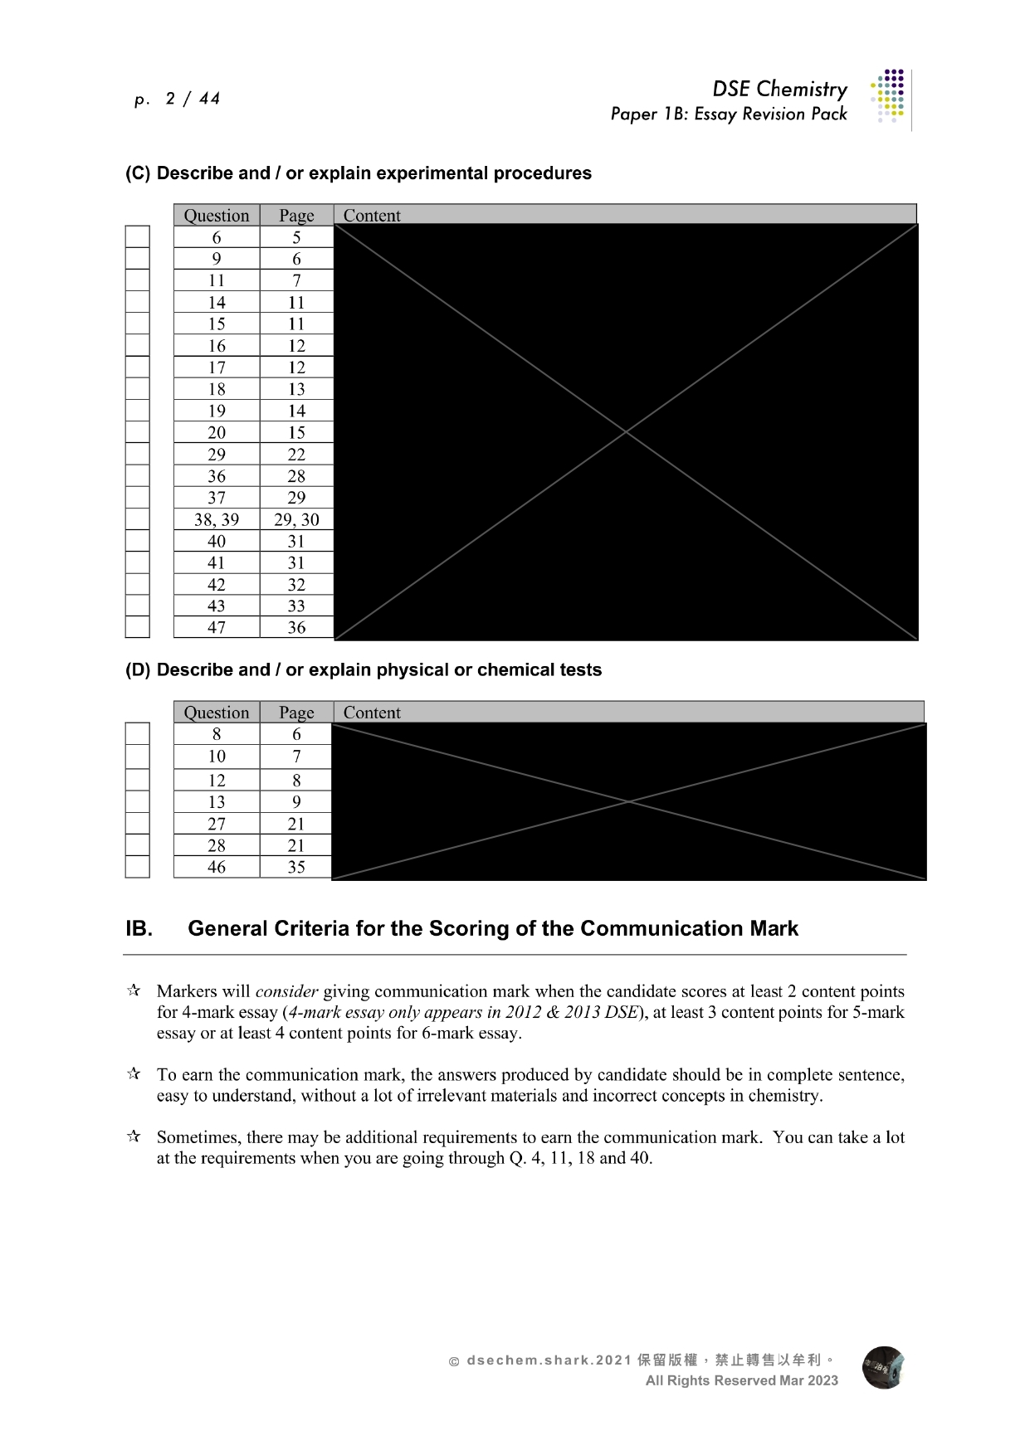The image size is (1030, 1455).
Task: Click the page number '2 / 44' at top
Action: pos(193,99)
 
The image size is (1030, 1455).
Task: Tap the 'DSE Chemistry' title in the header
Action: pos(779,89)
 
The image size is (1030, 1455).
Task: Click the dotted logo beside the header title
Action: pos(888,95)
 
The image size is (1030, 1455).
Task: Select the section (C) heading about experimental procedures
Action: pos(359,173)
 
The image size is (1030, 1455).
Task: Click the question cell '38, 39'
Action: pos(217,519)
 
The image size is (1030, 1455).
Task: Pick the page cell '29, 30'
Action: pos(296,519)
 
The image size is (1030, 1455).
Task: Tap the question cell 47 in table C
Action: pos(217,627)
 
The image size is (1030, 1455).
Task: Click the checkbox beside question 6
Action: pos(137,236)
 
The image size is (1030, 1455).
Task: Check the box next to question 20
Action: pos(137,432)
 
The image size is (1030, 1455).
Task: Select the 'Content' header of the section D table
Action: pos(372,712)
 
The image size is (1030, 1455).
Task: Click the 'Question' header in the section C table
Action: pos(217,216)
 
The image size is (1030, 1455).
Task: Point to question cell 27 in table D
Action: pos(217,824)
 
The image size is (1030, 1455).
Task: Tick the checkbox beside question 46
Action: pos(137,867)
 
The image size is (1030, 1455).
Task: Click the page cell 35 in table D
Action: pos(296,867)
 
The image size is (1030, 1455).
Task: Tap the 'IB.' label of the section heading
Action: pos(139,928)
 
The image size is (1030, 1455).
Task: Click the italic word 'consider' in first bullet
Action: pos(286,991)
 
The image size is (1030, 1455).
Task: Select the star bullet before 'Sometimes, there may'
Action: pos(134,1136)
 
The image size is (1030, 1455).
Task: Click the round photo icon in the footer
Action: pos(883,1368)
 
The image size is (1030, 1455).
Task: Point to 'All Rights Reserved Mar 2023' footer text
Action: pos(742,1380)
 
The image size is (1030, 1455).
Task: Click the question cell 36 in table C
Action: pos(217,476)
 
